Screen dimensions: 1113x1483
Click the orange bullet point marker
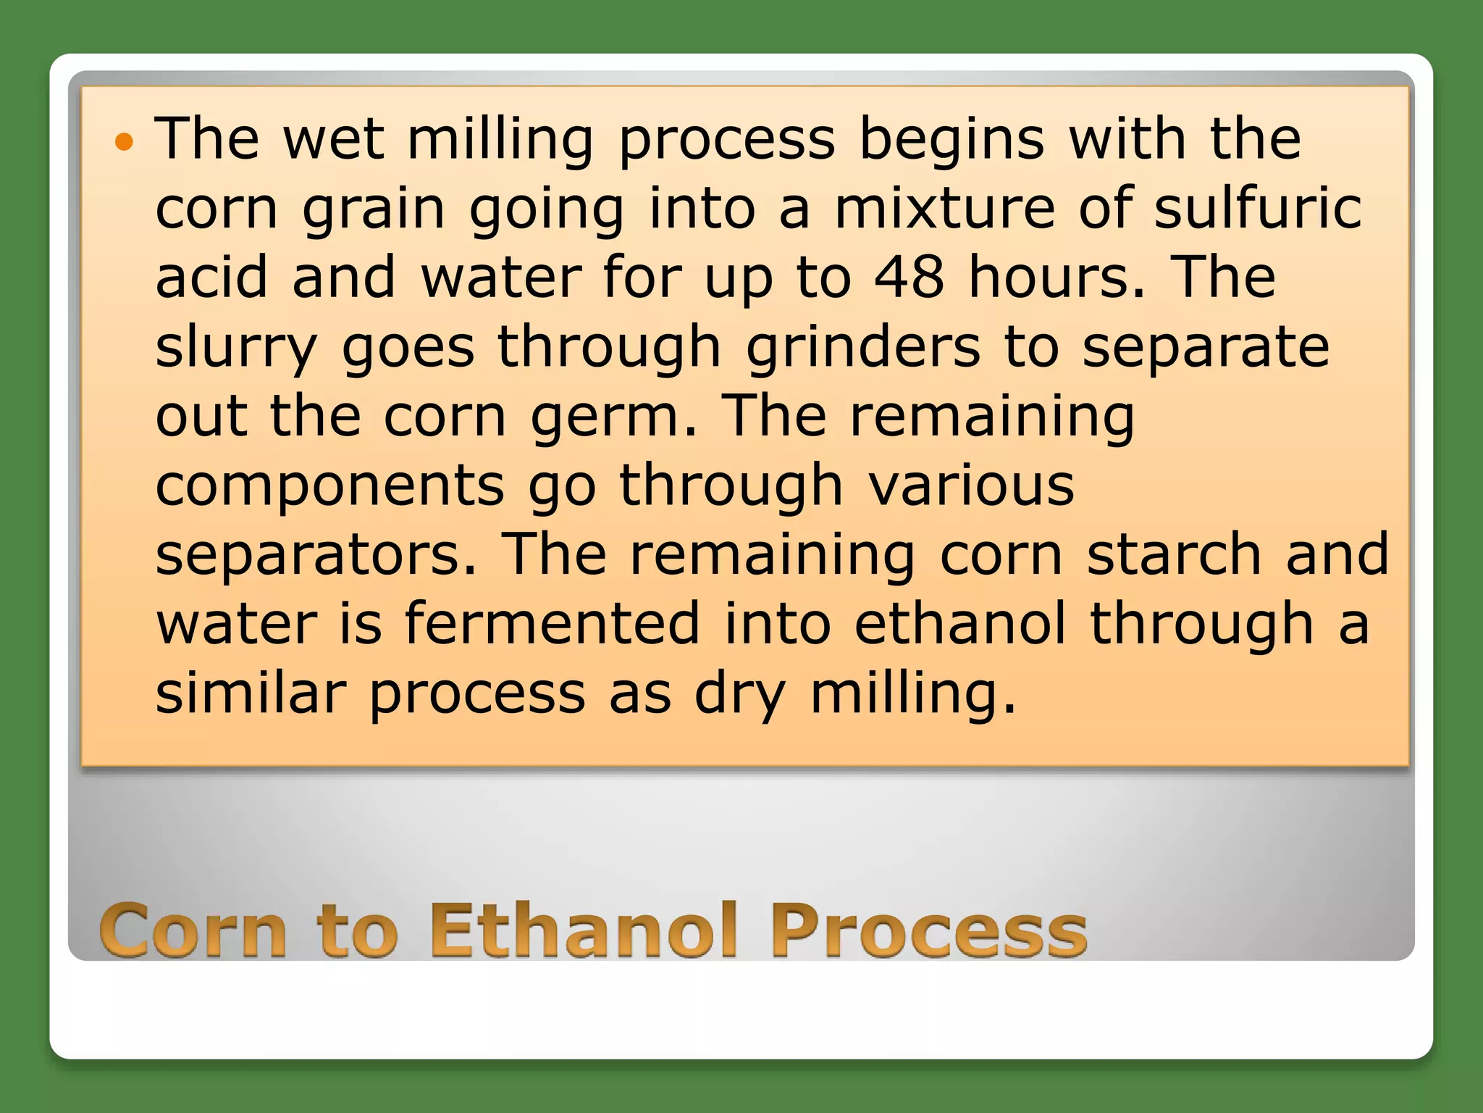tap(125, 141)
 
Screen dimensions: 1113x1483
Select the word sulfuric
tap(1258, 208)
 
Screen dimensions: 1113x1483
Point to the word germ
tap(613, 418)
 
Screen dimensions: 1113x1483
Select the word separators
tap(316, 554)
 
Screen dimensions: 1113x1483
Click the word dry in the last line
tap(739, 694)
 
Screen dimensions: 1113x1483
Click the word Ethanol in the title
tap(584, 931)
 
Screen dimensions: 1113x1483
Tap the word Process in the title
tap(928, 931)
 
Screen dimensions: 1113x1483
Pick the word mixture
tap(944, 208)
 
